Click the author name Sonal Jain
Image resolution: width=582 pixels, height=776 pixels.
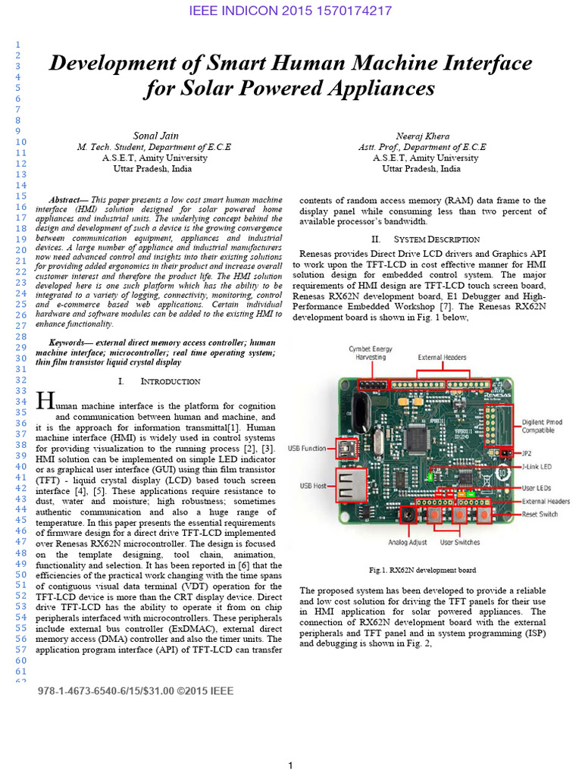155,135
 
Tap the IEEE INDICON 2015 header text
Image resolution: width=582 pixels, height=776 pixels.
291,11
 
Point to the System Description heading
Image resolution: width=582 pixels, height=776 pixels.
423,239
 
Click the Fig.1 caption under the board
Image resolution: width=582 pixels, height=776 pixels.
422,569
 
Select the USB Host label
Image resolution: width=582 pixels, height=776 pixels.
315,485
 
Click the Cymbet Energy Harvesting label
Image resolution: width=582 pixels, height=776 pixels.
371,352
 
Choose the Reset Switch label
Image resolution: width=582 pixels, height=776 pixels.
539,514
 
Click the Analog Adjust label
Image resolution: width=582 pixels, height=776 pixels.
408,542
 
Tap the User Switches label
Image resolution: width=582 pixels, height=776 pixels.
461,542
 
